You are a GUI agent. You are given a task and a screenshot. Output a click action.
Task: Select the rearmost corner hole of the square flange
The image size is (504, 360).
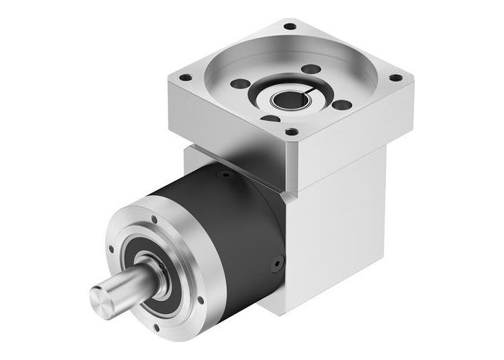[290, 27]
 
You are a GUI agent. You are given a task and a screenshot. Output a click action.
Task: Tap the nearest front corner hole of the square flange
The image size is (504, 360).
[291, 132]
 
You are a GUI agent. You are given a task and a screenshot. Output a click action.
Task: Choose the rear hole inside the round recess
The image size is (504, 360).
[312, 70]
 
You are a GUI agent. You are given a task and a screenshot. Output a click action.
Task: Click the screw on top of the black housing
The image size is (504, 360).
[226, 174]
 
